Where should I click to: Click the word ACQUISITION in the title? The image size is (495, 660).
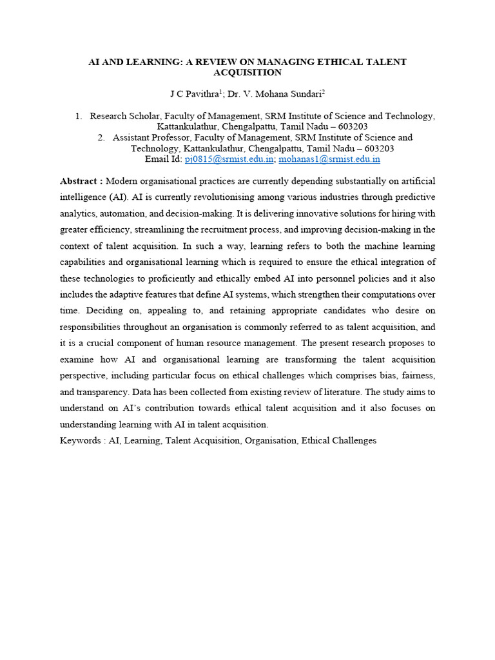(247, 73)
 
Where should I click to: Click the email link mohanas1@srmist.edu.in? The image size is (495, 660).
(329, 159)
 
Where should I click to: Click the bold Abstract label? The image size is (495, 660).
(81, 180)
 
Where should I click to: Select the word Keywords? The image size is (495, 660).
(80, 441)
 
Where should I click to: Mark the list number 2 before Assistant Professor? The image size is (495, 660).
(101, 137)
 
